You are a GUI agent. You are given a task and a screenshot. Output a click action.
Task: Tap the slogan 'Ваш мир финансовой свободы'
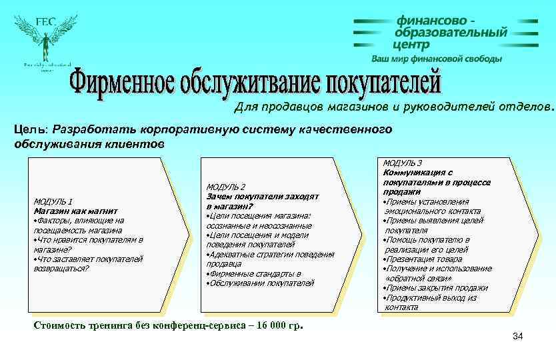(x=437, y=59)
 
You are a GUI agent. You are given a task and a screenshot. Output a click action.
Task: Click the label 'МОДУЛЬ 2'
(x=226, y=187)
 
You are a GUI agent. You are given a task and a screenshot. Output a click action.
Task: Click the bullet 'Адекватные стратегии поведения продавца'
(x=270, y=259)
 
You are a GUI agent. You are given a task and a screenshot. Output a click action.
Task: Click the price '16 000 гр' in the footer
(x=280, y=327)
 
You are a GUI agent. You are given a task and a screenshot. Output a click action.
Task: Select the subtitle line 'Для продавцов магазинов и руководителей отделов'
(x=393, y=107)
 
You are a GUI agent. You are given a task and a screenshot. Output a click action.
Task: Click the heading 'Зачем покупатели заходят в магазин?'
(x=263, y=201)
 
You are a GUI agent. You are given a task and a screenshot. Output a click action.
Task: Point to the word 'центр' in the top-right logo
(x=412, y=45)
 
